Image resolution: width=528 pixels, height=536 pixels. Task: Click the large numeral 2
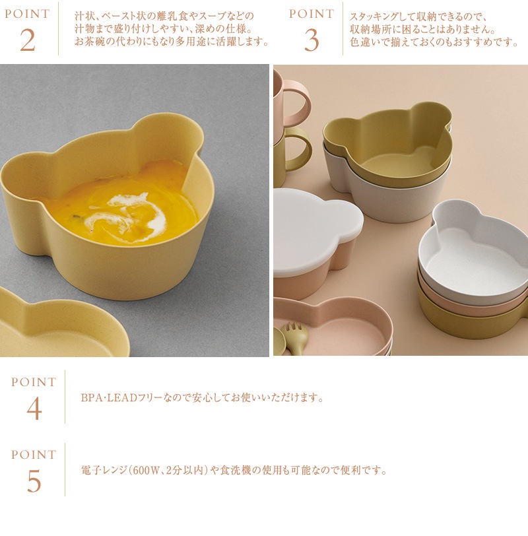coord(28,40)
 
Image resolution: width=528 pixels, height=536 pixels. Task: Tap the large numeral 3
coord(312,40)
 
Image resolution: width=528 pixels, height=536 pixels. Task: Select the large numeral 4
coord(34,409)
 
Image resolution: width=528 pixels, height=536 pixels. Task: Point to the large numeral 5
coord(34,481)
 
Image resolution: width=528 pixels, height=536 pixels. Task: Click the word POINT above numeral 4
coord(34,382)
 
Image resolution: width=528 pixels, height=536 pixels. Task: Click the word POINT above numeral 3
coord(312,14)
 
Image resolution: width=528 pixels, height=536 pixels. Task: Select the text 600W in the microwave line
coord(146,471)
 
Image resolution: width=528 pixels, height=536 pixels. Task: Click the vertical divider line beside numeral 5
coord(65,469)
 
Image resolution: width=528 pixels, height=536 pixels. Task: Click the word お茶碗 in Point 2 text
coord(90,42)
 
